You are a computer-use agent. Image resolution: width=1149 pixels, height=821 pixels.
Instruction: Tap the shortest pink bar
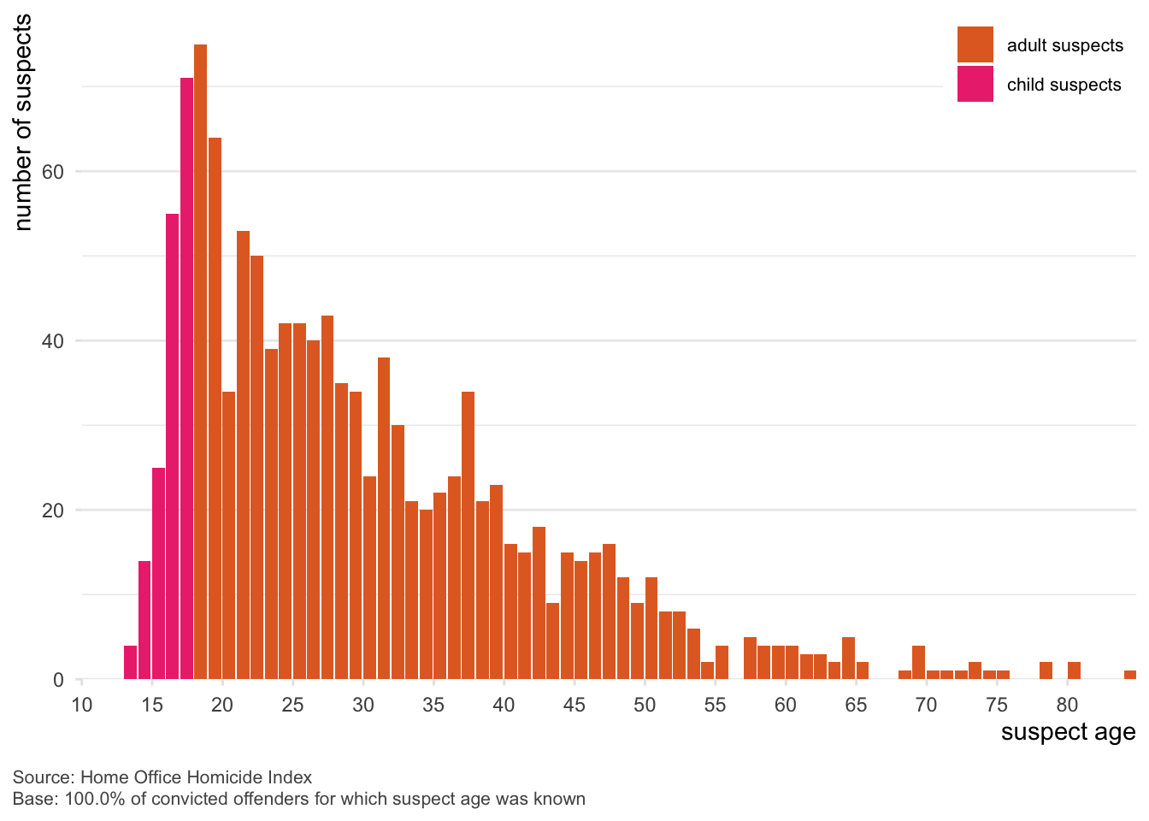pyautogui.click(x=130, y=663)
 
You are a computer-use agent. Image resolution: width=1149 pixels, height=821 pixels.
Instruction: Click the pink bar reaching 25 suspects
pyautogui.click(x=158, y=574)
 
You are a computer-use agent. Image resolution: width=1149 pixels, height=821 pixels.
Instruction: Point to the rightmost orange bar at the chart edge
pyautogui.click(x=1130, y=675)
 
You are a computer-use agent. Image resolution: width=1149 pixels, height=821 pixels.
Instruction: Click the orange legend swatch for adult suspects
pyautogui.click(x=975, y=44)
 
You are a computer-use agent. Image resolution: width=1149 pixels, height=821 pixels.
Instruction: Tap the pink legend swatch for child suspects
pyautogui.click(x=975, y=84)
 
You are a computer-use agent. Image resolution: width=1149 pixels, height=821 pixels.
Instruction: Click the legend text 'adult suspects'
pyautogui.click(x=1064, y=45)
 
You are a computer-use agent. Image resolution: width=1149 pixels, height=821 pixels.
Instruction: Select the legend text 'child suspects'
pyautogui.click(x=1064, y=85)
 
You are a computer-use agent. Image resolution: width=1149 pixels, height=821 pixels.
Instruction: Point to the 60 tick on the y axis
pyautogui.click(x=53, y=172)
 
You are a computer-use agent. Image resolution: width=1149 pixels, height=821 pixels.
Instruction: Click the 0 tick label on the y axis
pyautogui.click(x=59, y=681)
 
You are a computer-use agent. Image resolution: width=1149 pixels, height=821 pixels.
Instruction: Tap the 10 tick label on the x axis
pyautogui.click(x=82, y=706)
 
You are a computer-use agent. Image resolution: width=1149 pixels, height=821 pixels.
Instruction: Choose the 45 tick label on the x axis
pyautogui.click(x=574, y=706)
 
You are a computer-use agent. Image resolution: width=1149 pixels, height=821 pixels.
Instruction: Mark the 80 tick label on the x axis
pyautogui.click(x=1067, y=706)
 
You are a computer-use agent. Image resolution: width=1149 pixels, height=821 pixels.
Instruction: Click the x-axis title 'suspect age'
pyautogui.click(x=1068, y=733)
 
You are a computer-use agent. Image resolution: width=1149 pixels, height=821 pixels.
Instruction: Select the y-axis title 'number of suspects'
pyautogui.click(x=23, y=122)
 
